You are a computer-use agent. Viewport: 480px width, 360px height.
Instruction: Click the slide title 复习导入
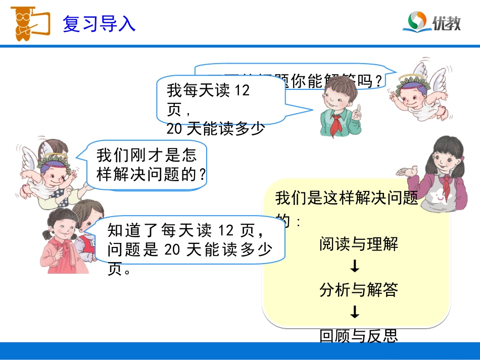pyautogui.click(x=99, y=24)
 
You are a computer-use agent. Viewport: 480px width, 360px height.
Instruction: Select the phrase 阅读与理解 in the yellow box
pyautogui.click(x=358, y=244)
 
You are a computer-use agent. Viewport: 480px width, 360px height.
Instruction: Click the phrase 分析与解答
pyautogui.click(x=358, y=289)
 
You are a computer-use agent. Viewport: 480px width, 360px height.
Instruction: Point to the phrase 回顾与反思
pyautogui.click(x=358, y=336)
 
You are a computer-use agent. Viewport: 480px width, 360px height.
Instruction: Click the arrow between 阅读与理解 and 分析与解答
pyautogui.click(x=355, y=266)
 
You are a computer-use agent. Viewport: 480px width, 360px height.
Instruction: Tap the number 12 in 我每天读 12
pyautogui.click(x=243, y=91)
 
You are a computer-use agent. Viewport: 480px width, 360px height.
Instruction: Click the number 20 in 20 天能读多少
pyautogui.click(x=174, y=129)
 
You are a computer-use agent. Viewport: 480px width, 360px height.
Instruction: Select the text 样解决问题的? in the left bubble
pyautogui.click(x=152, y=174)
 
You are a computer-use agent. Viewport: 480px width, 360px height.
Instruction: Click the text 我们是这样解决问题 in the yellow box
pyautogui.click(x=347, y=198)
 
